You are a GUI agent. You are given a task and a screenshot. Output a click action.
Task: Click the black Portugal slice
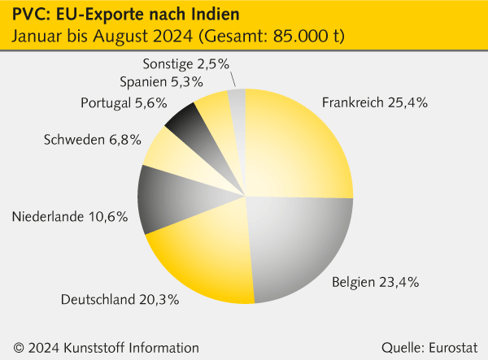190,122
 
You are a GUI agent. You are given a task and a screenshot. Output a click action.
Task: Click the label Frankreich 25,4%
374,103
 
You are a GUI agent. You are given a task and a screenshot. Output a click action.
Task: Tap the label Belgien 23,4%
375,283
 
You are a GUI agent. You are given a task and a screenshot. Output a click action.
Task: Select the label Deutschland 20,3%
120,299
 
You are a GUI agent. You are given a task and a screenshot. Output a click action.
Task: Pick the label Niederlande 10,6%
70,216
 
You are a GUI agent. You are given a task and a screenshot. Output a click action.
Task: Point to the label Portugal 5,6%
124,102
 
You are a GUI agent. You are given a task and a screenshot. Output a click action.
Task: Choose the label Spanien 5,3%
160,81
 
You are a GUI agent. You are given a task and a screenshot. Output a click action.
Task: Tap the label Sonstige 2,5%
185,62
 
